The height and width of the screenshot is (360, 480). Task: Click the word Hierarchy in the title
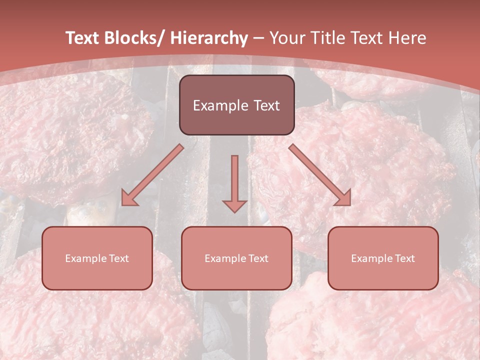[208, 38]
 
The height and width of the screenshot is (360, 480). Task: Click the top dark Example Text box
[236, 105]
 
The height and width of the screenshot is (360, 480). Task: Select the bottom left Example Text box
[97, 258]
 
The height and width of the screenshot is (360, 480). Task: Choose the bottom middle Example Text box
[236, 258]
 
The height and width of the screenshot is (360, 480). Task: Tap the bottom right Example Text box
[383, 258]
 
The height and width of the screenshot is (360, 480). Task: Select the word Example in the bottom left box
[86, 258]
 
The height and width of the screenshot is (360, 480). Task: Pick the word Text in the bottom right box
[405, 258]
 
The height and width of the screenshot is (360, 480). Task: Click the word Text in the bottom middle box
[258, 258]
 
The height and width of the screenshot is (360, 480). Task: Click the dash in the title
[258, 38]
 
